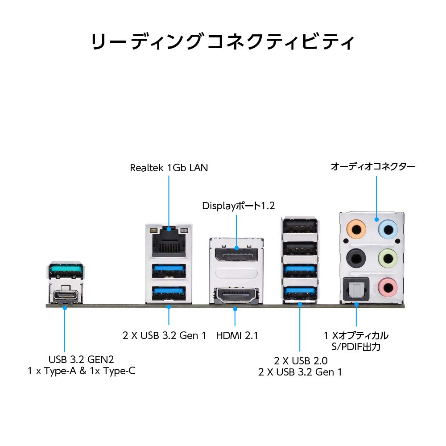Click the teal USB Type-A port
point(65,270)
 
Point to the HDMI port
point(234,296)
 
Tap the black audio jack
point(356,257)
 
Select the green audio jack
point(387,257)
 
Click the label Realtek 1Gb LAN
point(169,168)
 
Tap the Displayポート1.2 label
point(239,206)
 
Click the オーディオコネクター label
point(373,167)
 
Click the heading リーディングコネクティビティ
point(223,43)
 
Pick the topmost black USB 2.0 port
point(300,226)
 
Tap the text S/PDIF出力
point(356,346)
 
